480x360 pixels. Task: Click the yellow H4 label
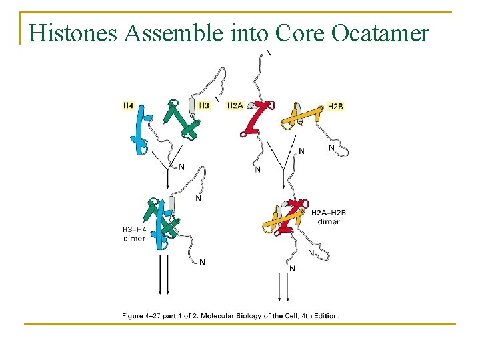(128, 105)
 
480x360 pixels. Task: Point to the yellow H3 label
(204, 105)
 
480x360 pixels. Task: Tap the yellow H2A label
(235, 105)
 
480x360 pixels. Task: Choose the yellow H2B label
(335, 106)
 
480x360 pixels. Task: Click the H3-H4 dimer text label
(133, 234)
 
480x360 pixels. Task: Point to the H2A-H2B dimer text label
(329, 217)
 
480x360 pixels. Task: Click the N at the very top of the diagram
(269, 53)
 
